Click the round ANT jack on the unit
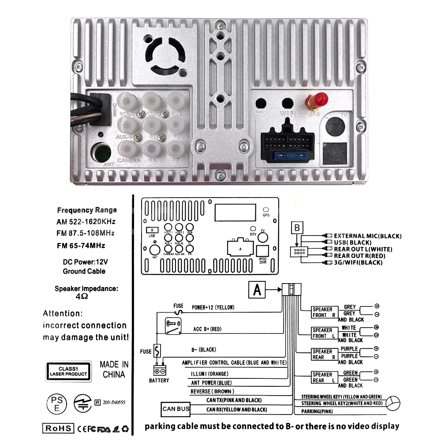click(101, 152)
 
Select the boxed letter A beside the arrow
click(258, 290)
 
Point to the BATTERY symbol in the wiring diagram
click(159, 371)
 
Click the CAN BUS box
click(176, 409)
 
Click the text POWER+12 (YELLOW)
click(213, 307)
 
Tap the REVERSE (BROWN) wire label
click(212, 392)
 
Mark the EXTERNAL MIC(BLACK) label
click(368, 236)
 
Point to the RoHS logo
click(58, 428)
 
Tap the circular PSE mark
click(57, 403)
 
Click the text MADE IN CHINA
click(114, 370)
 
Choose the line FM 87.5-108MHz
click(86, 233)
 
